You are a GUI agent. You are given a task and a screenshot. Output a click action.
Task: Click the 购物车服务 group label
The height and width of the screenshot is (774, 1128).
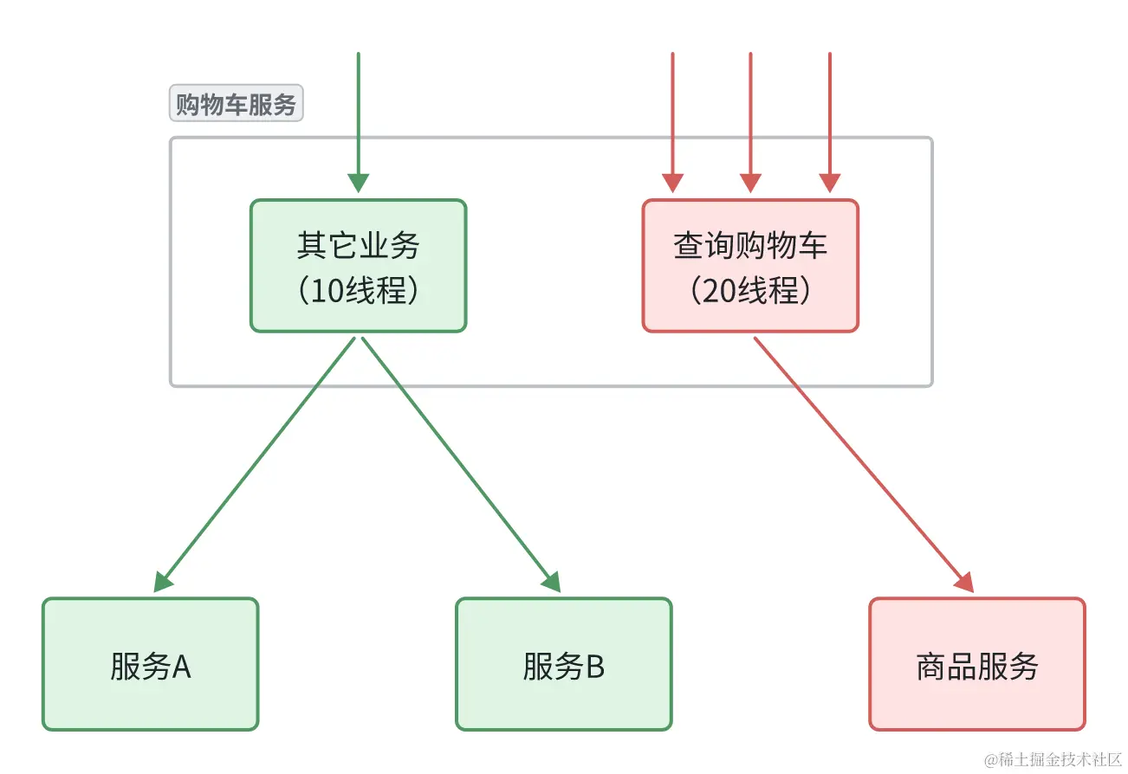(x=236, y=105)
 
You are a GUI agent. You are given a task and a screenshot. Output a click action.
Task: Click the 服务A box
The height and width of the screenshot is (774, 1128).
(x=150, y=665)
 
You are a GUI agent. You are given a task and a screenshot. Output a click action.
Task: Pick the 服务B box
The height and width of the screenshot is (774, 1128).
(x=563, y=665)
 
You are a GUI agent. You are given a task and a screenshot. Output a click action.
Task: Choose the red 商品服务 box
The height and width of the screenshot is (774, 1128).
(x=976, y=665)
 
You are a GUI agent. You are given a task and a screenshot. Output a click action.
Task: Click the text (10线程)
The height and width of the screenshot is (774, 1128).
(x=358, y=291)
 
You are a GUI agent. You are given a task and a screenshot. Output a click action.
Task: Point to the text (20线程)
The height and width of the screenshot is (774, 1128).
(x=750, y=291)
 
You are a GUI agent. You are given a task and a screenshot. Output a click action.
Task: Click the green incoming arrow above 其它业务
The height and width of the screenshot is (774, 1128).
(x=358, y=113)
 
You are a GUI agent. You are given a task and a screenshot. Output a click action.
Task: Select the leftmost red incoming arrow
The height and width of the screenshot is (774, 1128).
(x=672, y=113)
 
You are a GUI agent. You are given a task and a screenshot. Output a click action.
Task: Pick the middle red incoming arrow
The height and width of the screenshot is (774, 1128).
(x=750, y=113)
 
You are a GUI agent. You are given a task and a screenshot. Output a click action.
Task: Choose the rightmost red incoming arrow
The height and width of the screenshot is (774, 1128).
(x=830, y=113)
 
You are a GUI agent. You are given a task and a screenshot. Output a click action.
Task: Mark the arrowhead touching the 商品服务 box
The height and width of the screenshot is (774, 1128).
(x=965, y=583)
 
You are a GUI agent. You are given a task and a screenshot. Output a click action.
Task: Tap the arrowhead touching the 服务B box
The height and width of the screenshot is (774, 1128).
(x=552, y=583)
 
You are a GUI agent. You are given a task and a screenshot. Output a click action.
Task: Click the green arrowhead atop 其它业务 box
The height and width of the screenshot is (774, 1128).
(x=358, y=184)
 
